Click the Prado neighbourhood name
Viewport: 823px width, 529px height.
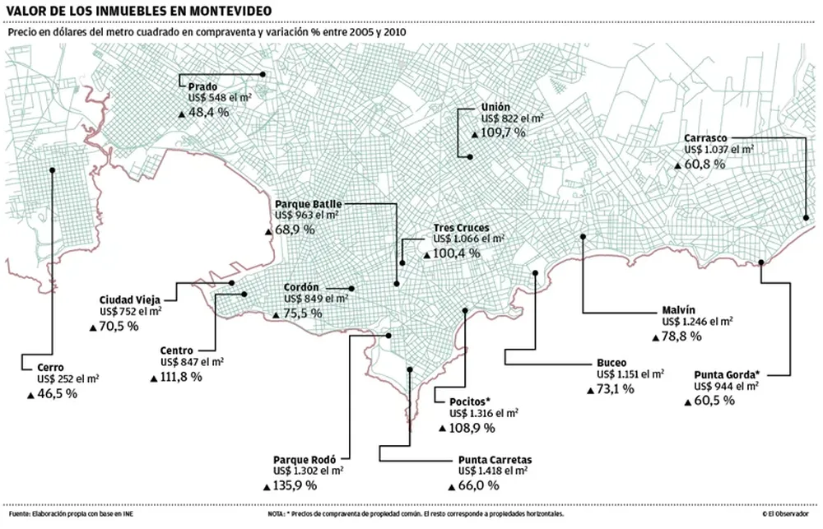202,86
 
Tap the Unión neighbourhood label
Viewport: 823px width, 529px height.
495,107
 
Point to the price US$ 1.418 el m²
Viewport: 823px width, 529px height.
493,471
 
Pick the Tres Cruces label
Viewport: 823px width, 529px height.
461,228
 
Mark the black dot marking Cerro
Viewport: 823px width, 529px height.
52,170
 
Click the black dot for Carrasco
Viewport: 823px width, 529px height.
807,217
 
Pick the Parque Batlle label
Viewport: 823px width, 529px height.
308,203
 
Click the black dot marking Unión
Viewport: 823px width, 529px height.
469,156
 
